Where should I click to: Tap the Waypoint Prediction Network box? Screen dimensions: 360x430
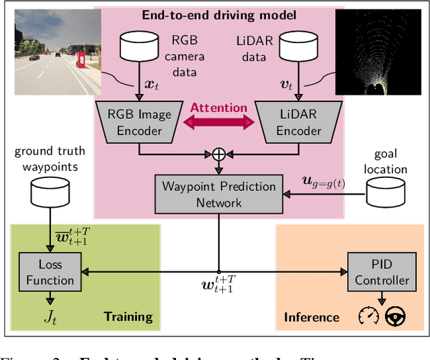(219, 193)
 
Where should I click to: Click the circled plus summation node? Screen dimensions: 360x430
(219, 154)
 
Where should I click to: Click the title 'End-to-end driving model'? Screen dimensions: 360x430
(219, 14)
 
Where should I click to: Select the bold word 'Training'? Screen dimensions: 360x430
(128, 316)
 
